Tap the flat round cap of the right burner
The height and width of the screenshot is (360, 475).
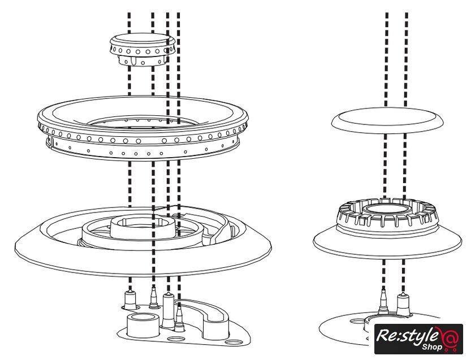click(x=387, y=119)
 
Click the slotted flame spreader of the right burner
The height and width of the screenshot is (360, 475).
click(x=387, y=218)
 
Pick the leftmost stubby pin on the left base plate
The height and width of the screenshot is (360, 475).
click(x=131, y=299)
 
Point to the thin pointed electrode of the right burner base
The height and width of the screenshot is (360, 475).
click(x=383, y=300)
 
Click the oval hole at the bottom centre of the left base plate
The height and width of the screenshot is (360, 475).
click(x=176, y=339)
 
